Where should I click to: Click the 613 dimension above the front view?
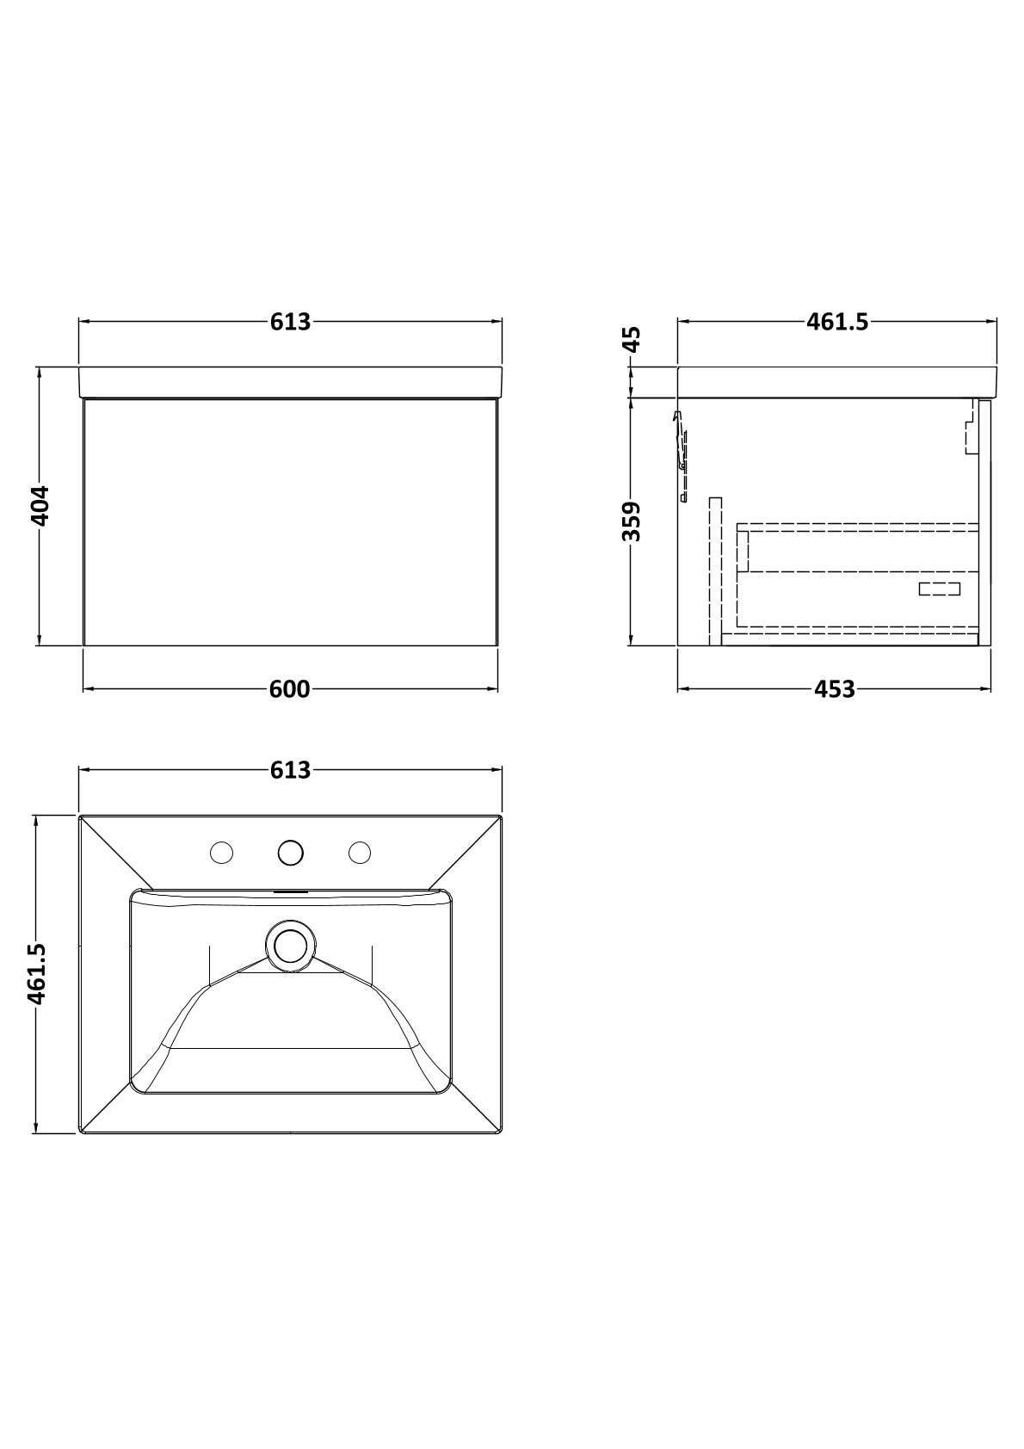291,322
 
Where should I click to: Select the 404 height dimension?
40,506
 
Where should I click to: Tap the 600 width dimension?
290,689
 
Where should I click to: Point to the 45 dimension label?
632,340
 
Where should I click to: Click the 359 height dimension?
632,521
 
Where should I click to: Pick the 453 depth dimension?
835,689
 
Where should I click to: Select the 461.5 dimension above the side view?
837,322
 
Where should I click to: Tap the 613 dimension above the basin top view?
291,770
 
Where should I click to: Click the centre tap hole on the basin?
291,852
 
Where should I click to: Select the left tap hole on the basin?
221,852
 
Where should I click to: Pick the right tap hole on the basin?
360,852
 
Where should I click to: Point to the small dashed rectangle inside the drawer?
940,589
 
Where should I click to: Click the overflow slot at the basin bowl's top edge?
291,893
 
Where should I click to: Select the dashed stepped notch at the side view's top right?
971,427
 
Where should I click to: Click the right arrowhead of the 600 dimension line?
493,689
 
